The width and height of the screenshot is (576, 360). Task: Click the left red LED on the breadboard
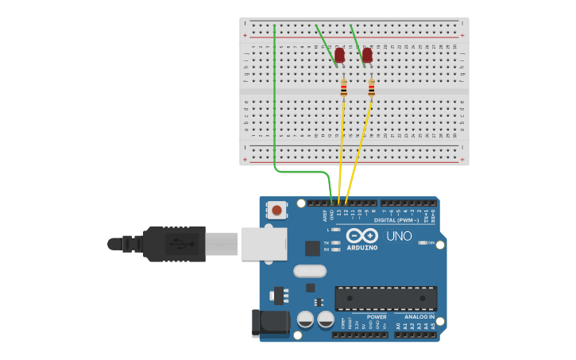tap(339, 56)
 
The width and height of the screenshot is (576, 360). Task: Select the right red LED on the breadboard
tap(366, 56)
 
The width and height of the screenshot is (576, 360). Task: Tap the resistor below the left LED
tap(343, 89)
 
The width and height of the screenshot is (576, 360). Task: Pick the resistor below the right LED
tap(371, 88)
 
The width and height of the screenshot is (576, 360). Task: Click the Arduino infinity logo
tap(361, 236)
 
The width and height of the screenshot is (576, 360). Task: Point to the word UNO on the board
tap(399, 236)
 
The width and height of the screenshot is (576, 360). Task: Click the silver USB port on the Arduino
tap(264, 243)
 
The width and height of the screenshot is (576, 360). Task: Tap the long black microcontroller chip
tap(385, 298)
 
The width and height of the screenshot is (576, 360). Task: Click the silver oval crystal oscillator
tap(309, 271)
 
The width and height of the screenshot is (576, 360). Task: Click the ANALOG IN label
tap(419, 316)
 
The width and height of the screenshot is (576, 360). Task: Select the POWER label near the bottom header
tap(377, 316)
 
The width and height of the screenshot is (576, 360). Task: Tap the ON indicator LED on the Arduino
tap(422, 242)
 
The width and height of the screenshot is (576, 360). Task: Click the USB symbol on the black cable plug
tap(181, 242)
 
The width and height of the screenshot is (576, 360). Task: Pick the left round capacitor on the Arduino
tap(305, 319)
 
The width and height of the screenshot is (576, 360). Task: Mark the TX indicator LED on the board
tap(335, 242)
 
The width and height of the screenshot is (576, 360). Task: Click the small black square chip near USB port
tap(312, 248)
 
